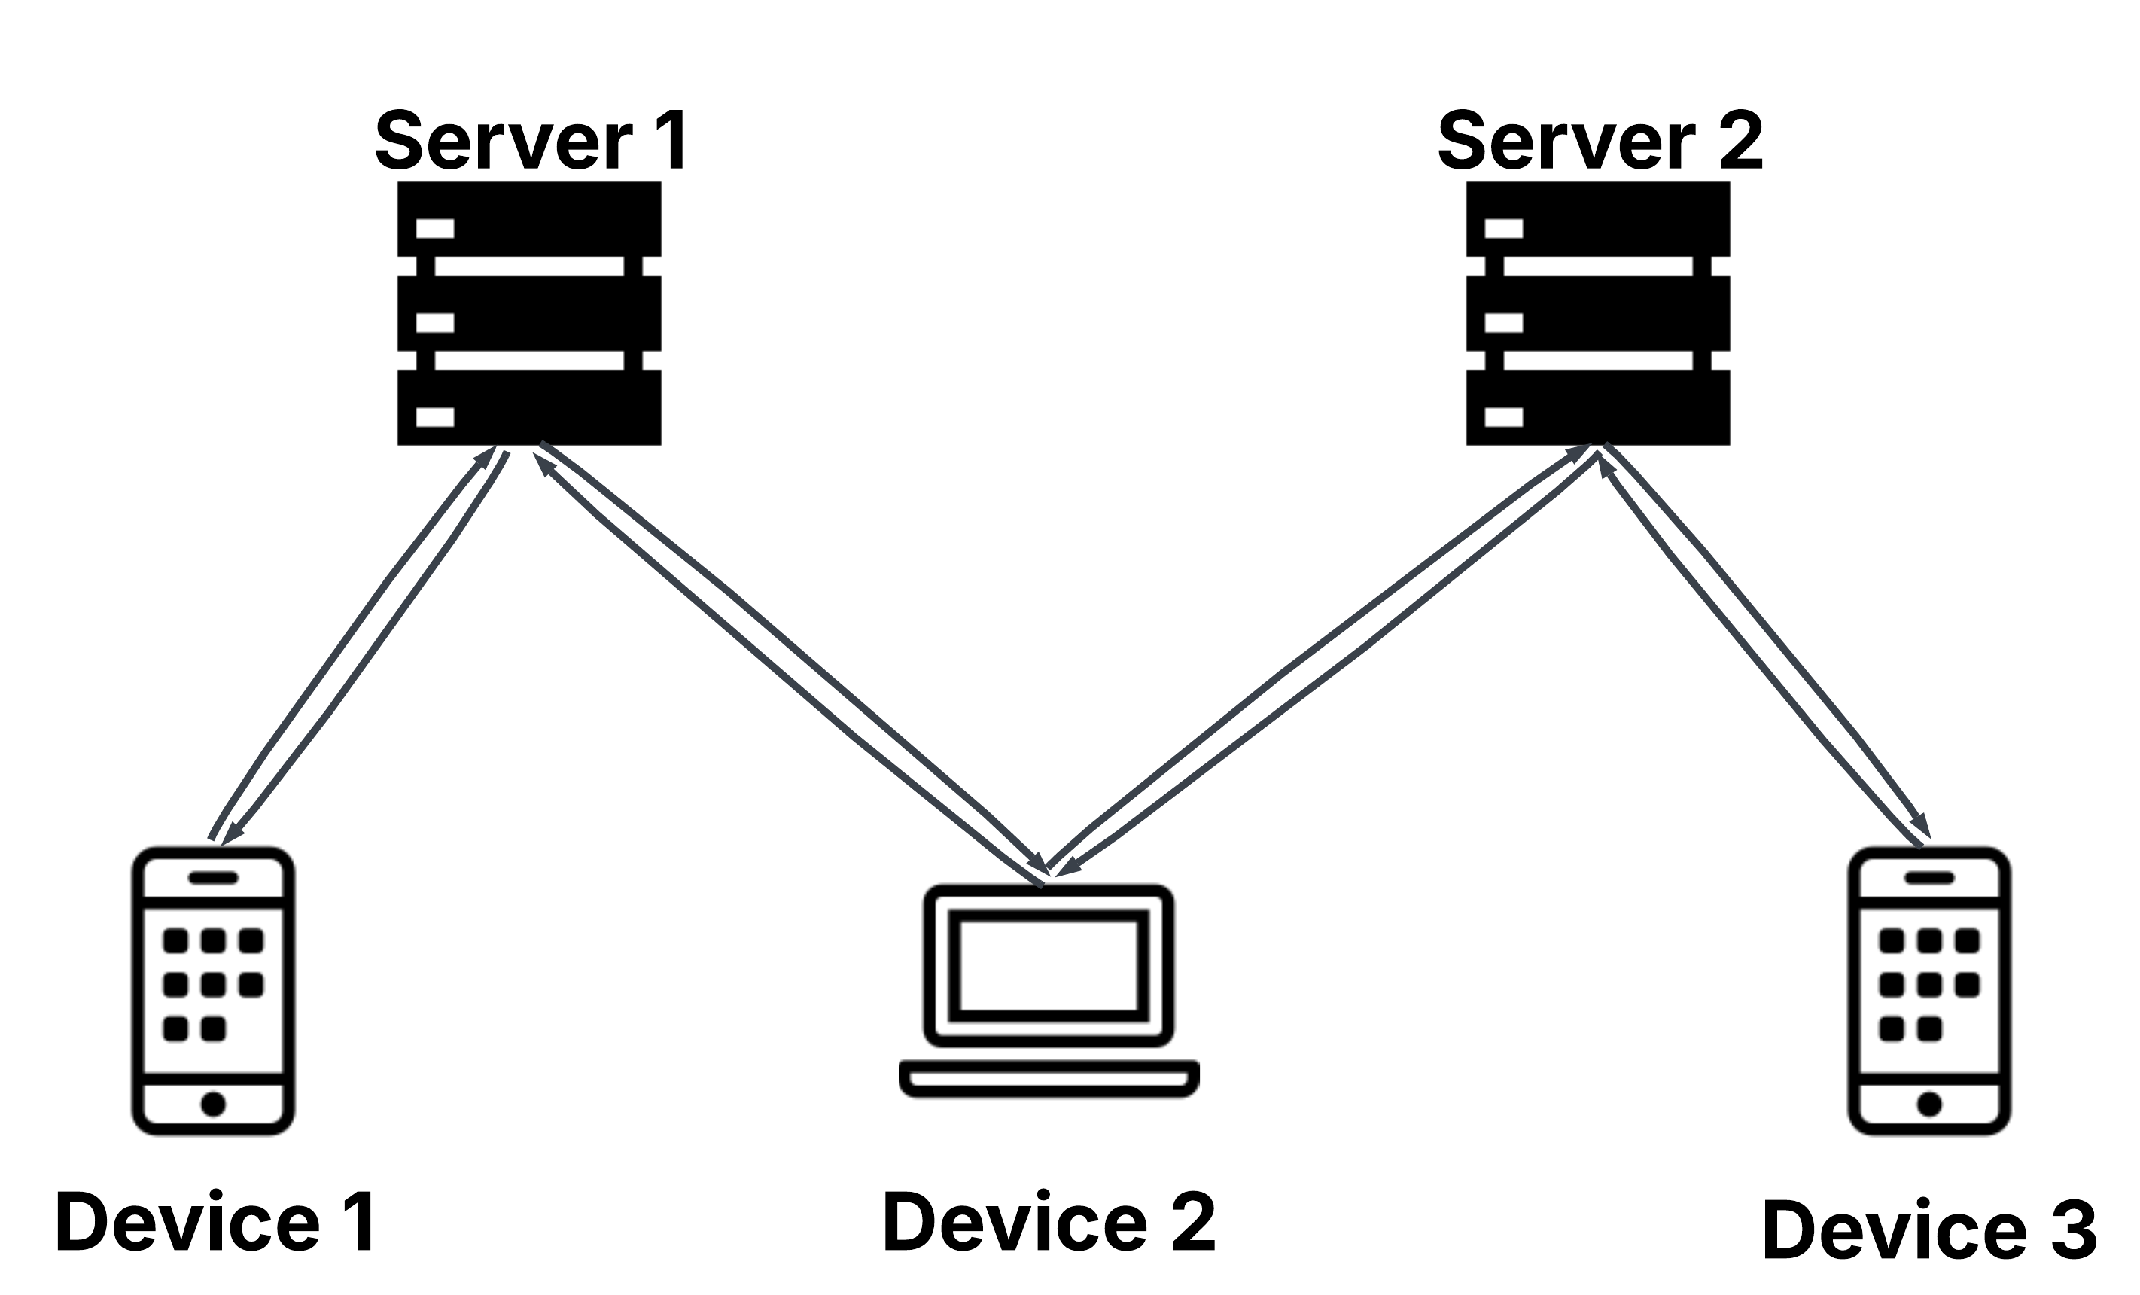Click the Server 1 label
point(531,141)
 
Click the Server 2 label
point(1600,141)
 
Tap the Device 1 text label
point(215,1223)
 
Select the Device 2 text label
point(1049,1223)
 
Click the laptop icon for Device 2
point(1049,990)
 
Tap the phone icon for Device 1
point(213,991)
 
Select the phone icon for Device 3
point(1929,991)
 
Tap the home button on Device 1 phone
point(213,1104)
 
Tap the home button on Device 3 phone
point(1929,1104)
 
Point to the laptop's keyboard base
point(1049,1079)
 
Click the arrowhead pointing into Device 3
point(1920,826)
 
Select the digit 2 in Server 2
point(1740,141)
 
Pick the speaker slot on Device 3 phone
point(1929,878)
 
